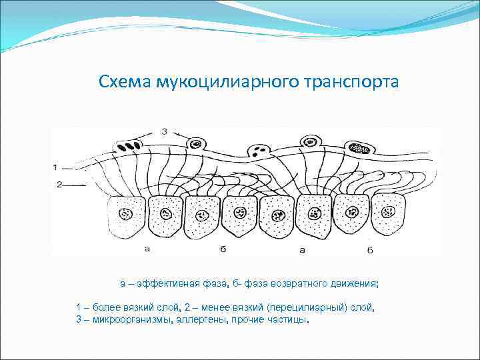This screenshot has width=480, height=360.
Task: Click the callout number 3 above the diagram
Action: pyautogui.click(x=164, y=132)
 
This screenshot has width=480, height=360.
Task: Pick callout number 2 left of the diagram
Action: pyautogui.click(x=59, y=184)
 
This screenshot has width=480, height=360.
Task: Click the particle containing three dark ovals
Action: pyautogui.click(x=131, y=144)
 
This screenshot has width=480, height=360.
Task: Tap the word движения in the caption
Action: pyautogui.click(x=355, y=283)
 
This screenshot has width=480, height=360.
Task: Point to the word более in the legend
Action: pyautogui.click(x=106, y=307)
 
